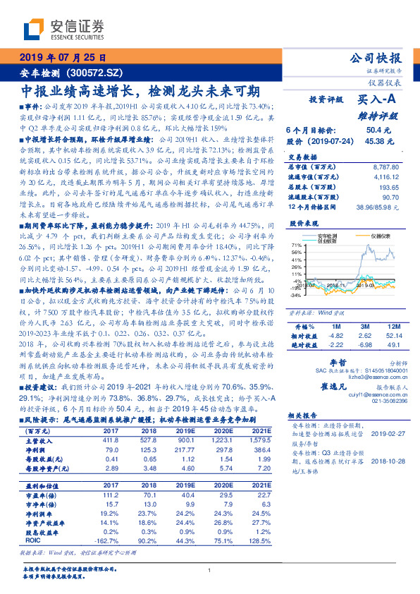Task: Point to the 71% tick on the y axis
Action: [295, 245]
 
